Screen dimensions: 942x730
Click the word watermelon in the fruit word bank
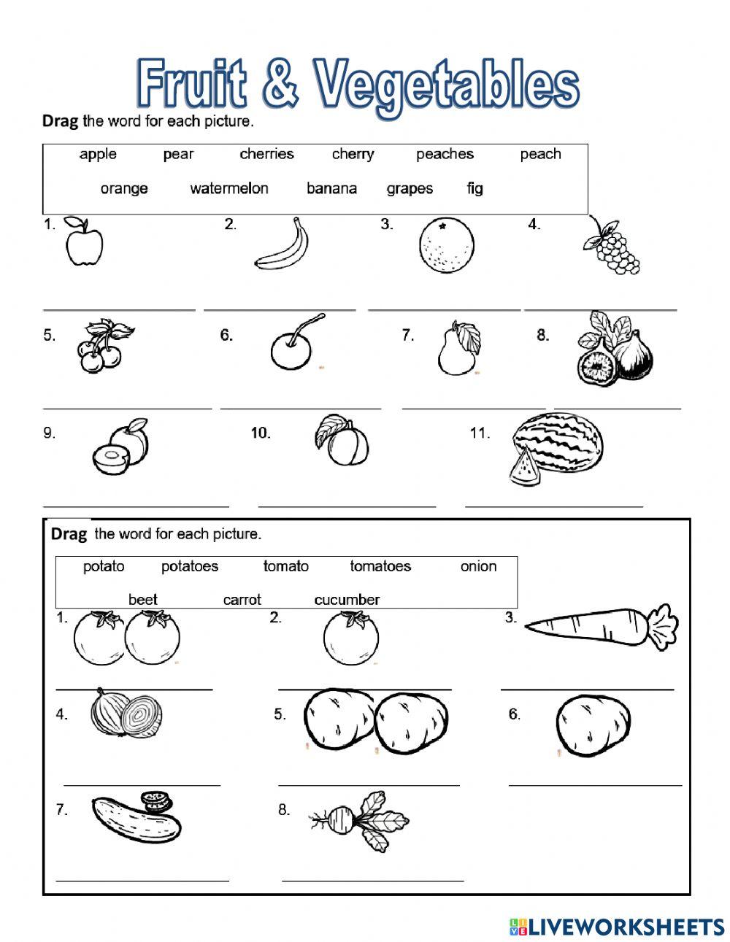pos(229,188)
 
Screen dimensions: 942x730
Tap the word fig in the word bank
pos(474,188)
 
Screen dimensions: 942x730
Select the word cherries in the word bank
pos(266,154)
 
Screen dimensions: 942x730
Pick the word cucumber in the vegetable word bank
pos(347,600)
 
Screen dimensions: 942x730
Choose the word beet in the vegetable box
pos(143,600)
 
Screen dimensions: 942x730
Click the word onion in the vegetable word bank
pos(478,566)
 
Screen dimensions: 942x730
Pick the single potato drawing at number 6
pos(591,725)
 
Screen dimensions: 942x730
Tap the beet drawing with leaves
pos(358,822)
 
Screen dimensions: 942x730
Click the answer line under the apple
pos(119,309)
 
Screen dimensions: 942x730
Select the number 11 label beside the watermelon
pos(479,433)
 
